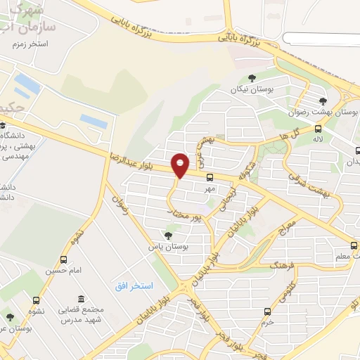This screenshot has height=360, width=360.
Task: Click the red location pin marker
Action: (180, 165)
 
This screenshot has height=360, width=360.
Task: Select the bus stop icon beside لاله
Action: (319, 129)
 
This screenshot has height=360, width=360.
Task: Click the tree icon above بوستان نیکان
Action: (252, 79)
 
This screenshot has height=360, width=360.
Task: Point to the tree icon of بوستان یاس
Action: (167, 236)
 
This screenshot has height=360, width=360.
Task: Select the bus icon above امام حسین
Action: (64, 259)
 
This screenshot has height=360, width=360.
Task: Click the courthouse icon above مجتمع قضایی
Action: (82, 299)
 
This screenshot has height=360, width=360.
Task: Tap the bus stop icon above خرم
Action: (266, 311)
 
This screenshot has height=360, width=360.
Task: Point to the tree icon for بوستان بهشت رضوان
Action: (323, 101)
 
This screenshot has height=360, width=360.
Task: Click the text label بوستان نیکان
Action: (253, 90)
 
